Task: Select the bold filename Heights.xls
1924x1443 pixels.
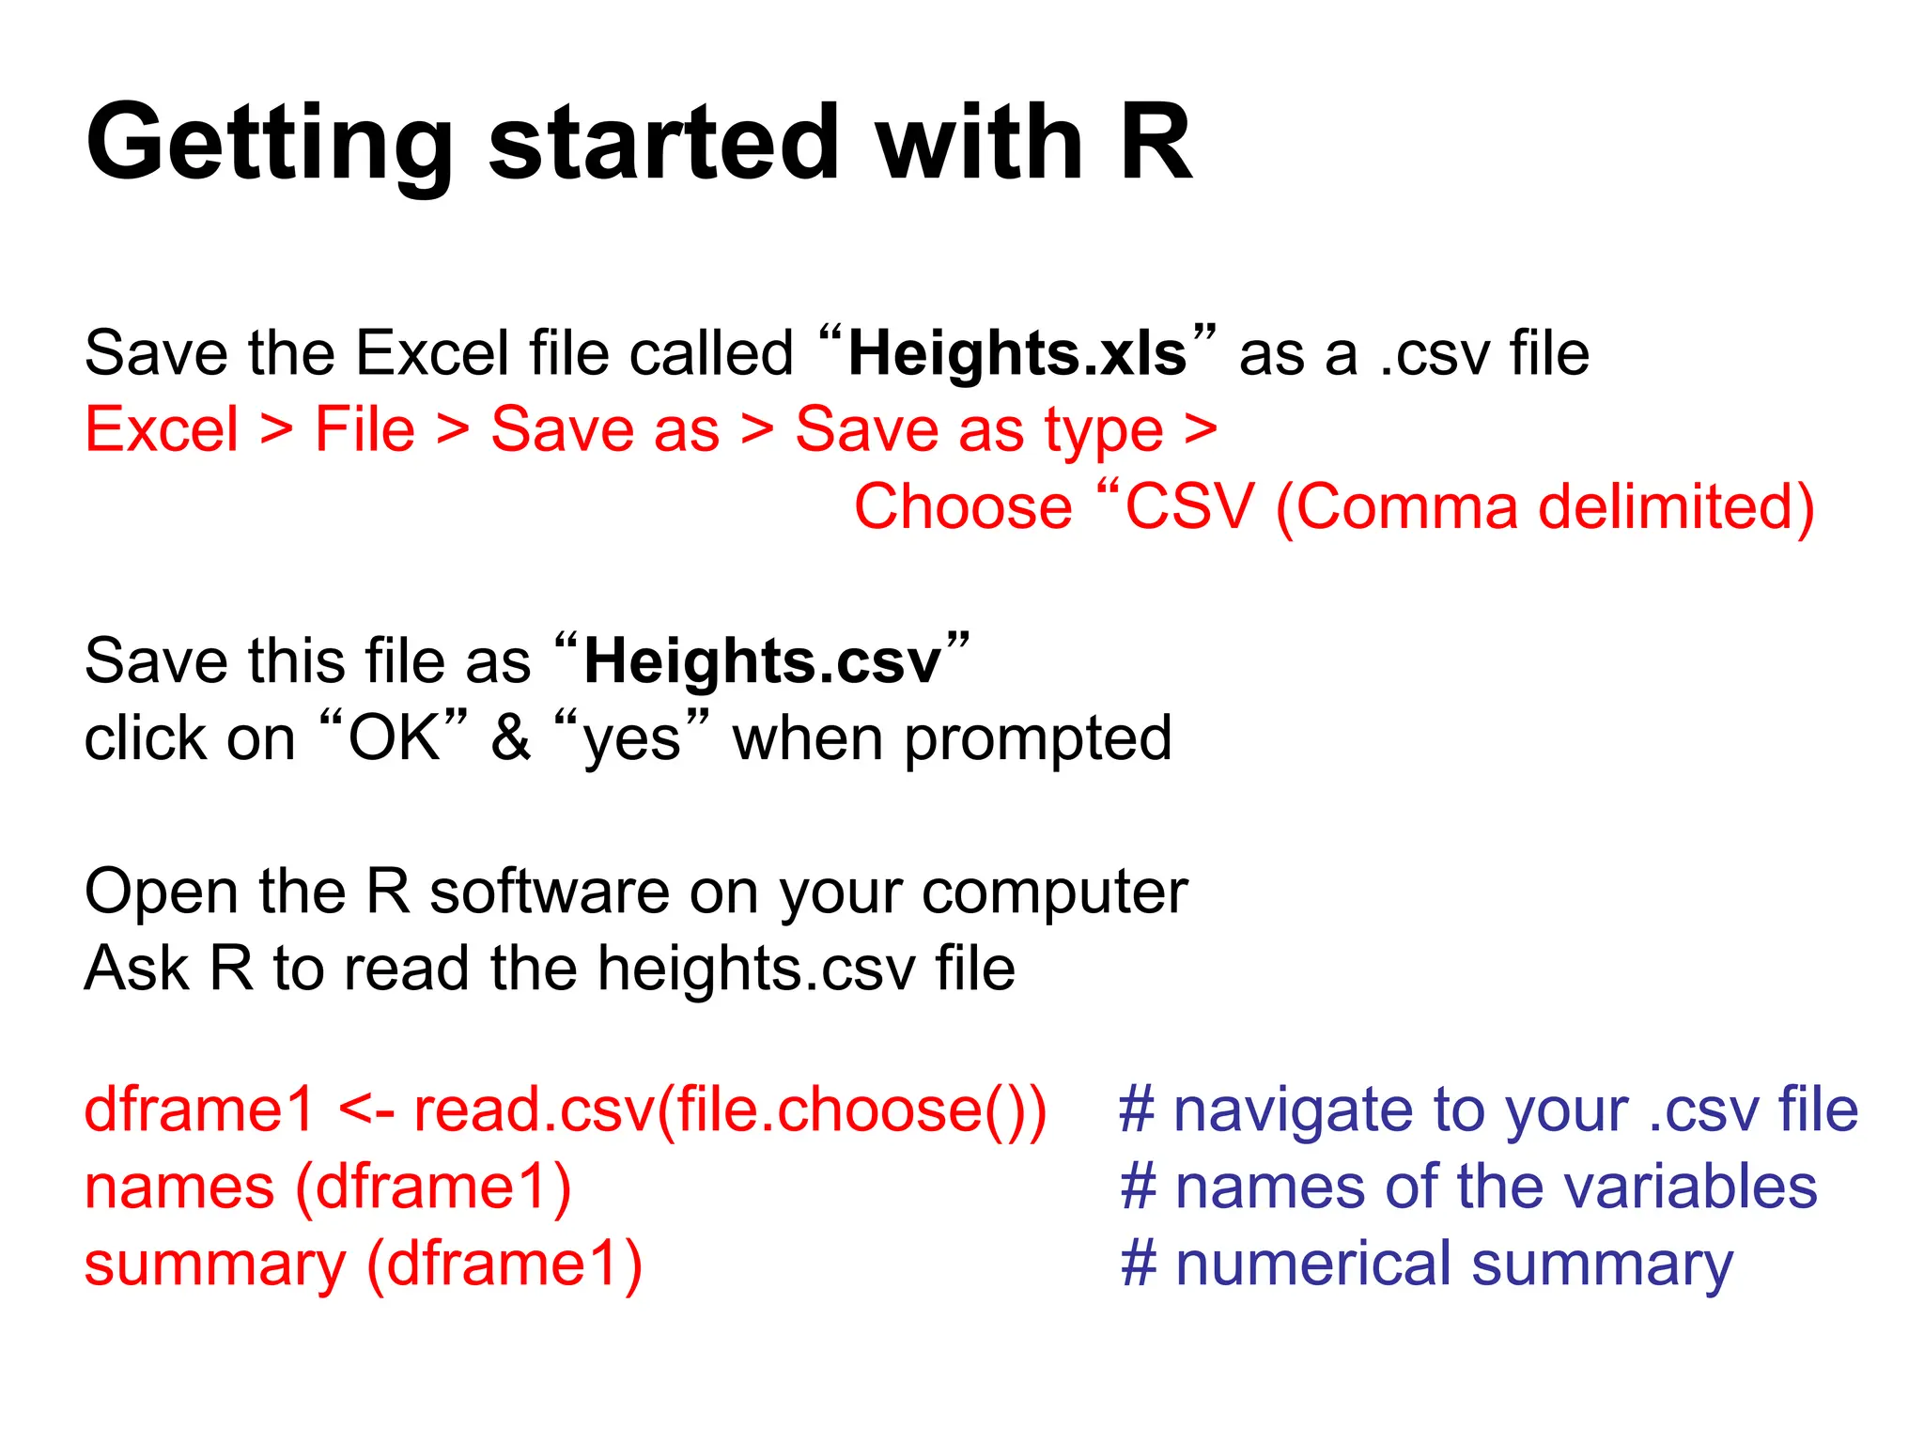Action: pyautogui.click(x=1017, y=354)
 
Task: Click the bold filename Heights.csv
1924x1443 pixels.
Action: pyautogui.click(x=762, y=660)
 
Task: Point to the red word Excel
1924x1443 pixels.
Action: pyautogui.click(x=162, y=430)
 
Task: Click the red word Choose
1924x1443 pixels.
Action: pyautogui.click(x=963, y=507)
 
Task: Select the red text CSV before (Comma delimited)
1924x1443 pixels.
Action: pyautogui.click(x=1189, y=507)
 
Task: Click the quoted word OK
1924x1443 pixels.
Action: pyautogui.click(x=394, y=737)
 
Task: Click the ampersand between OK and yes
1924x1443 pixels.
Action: pyautogui.click(x=510, y=737)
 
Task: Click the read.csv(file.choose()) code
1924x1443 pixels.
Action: pyautogui.click(x=730, y=1110)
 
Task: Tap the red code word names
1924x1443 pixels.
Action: pyautogui.click(x=179, y=1187)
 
